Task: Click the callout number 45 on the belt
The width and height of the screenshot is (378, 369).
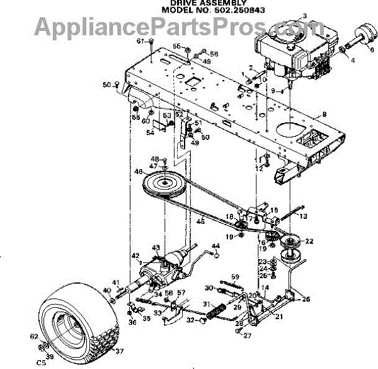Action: tap(201, 221)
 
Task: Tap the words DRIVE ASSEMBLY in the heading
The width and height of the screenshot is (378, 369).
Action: tap(200, 4)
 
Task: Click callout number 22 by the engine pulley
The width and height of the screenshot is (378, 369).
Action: tap(309, 241)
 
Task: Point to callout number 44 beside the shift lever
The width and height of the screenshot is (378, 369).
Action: tap(216, 245)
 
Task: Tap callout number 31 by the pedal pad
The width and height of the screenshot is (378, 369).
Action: tap(206, 305)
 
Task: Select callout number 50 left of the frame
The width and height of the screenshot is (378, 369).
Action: tap(106, 85)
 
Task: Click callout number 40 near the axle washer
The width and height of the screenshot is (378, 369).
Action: tap(106, 290)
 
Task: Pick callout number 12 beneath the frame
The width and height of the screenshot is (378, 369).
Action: tap(258, 168)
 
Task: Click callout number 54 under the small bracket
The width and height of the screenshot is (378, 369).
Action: tap(149, 133)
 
